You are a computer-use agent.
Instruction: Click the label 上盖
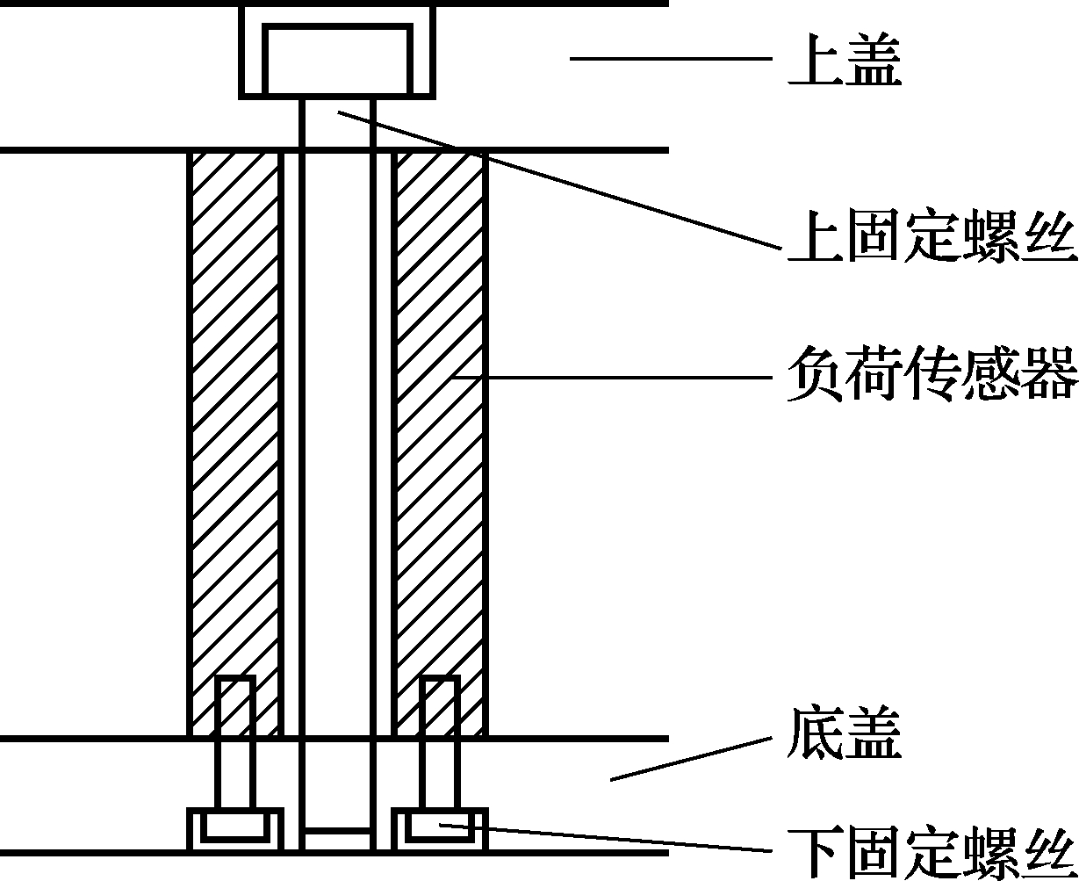pos(845,60)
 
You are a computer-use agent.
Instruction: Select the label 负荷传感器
pos(932,375)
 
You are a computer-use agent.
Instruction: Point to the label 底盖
pos(845,733)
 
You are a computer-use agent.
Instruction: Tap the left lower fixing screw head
pos(235,828)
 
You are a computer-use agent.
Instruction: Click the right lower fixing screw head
pos(437,828)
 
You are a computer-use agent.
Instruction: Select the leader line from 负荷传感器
pos(615,378)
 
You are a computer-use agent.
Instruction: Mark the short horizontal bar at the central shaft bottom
pos(338,830)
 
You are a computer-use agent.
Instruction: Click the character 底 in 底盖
pos(816,733)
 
